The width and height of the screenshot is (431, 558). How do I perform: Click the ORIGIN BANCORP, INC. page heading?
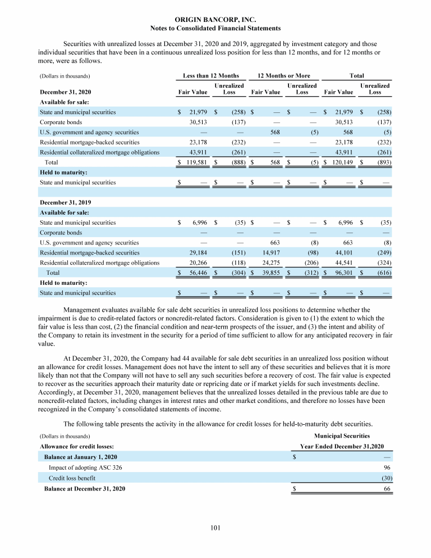click(x=215, y=19)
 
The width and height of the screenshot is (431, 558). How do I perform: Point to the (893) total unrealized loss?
click(x=383, y=162)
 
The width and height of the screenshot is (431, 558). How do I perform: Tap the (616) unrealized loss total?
click(x=383, y=273)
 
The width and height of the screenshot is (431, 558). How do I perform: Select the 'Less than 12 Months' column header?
click(x=211, y=75)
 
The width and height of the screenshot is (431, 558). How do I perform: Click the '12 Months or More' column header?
click(x=283, y=75)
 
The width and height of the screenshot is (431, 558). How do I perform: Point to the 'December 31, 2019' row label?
click(x=65, y=202)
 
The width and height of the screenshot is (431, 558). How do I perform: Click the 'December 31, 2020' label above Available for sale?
click(x=65, y=92)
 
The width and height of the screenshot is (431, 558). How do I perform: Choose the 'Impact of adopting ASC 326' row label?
click(x=85, y=468)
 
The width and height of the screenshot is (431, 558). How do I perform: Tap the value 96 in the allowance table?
click(x=387, y=468)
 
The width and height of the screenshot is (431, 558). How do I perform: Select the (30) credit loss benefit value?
click(x=386, y=478)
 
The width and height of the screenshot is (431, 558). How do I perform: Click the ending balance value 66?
click(x=387, y=489)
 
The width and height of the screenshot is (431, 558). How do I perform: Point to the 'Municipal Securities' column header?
click(x=342, y=435)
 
